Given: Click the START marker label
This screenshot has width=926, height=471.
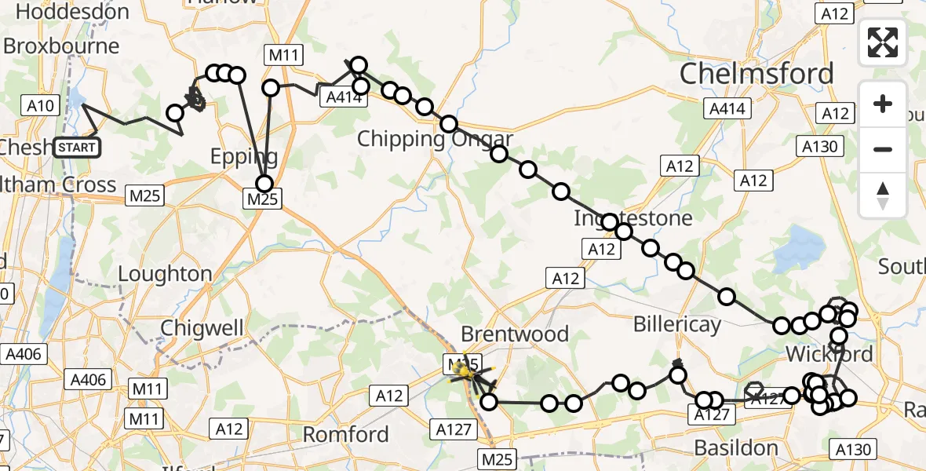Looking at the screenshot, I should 78,147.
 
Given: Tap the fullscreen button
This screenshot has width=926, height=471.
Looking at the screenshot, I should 883,42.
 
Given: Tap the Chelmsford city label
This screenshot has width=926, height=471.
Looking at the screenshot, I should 756,75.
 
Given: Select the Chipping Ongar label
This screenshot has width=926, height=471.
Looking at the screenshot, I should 435,140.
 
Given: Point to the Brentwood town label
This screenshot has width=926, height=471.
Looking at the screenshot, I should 515,334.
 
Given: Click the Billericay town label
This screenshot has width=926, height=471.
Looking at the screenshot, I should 676,323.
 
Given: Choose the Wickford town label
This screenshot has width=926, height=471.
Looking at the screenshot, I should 829,354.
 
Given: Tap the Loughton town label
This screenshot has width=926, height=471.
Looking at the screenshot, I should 165,274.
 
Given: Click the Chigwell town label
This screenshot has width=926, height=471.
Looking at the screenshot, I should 202,327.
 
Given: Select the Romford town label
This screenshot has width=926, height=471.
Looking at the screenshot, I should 346,434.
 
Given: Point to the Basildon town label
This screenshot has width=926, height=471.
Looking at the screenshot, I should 736,448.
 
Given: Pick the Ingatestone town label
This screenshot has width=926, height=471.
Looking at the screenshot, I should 633,217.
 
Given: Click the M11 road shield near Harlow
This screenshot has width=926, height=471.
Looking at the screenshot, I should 283,55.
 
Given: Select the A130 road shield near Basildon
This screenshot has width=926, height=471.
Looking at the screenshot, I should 853,450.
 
